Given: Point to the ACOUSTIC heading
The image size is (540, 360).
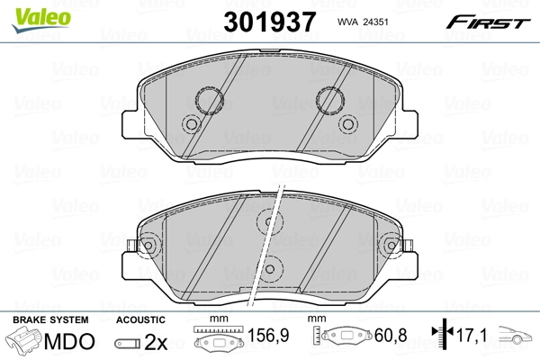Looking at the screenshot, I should click(140, 319).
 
